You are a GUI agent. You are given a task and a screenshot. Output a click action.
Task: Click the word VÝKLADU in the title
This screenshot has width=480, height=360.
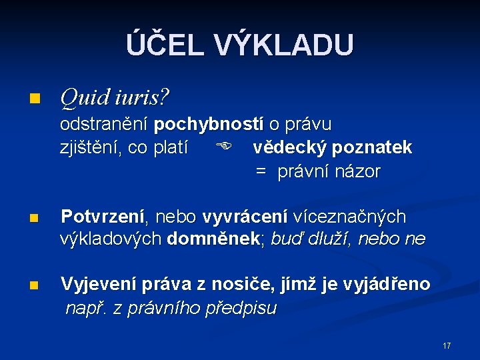pyautogui.click(x=284, y=45)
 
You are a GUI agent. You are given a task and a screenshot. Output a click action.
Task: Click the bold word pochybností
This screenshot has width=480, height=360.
pyautogui.click(x=209, y=125)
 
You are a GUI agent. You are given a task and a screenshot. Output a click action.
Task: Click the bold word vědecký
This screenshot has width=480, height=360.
pyautogui.click(x=290, y=147)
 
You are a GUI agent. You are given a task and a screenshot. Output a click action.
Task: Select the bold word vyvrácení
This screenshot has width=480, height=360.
pyautogui.click(x=245, y=217)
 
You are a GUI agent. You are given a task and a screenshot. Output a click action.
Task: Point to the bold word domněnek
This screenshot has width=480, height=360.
pyautogui.click(x=213, y=239)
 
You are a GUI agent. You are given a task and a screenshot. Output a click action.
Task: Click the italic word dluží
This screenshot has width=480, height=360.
pyautogui.click(x=327, y=239)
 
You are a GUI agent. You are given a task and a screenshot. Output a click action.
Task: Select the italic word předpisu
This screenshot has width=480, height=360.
pyautogui.click(x=241, y=309)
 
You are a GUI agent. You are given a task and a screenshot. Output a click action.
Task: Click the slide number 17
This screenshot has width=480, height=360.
pyautogui.click(x=446, y=346)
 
